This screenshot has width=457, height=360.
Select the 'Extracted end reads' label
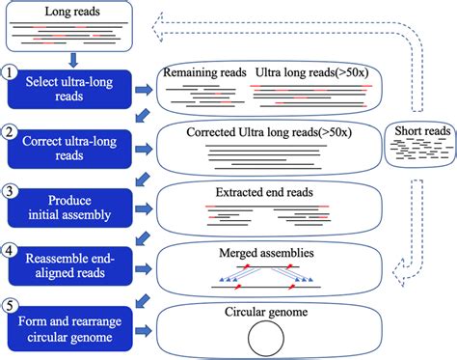pos(264,192)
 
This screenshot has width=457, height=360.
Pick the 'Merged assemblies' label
pos(264,250)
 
